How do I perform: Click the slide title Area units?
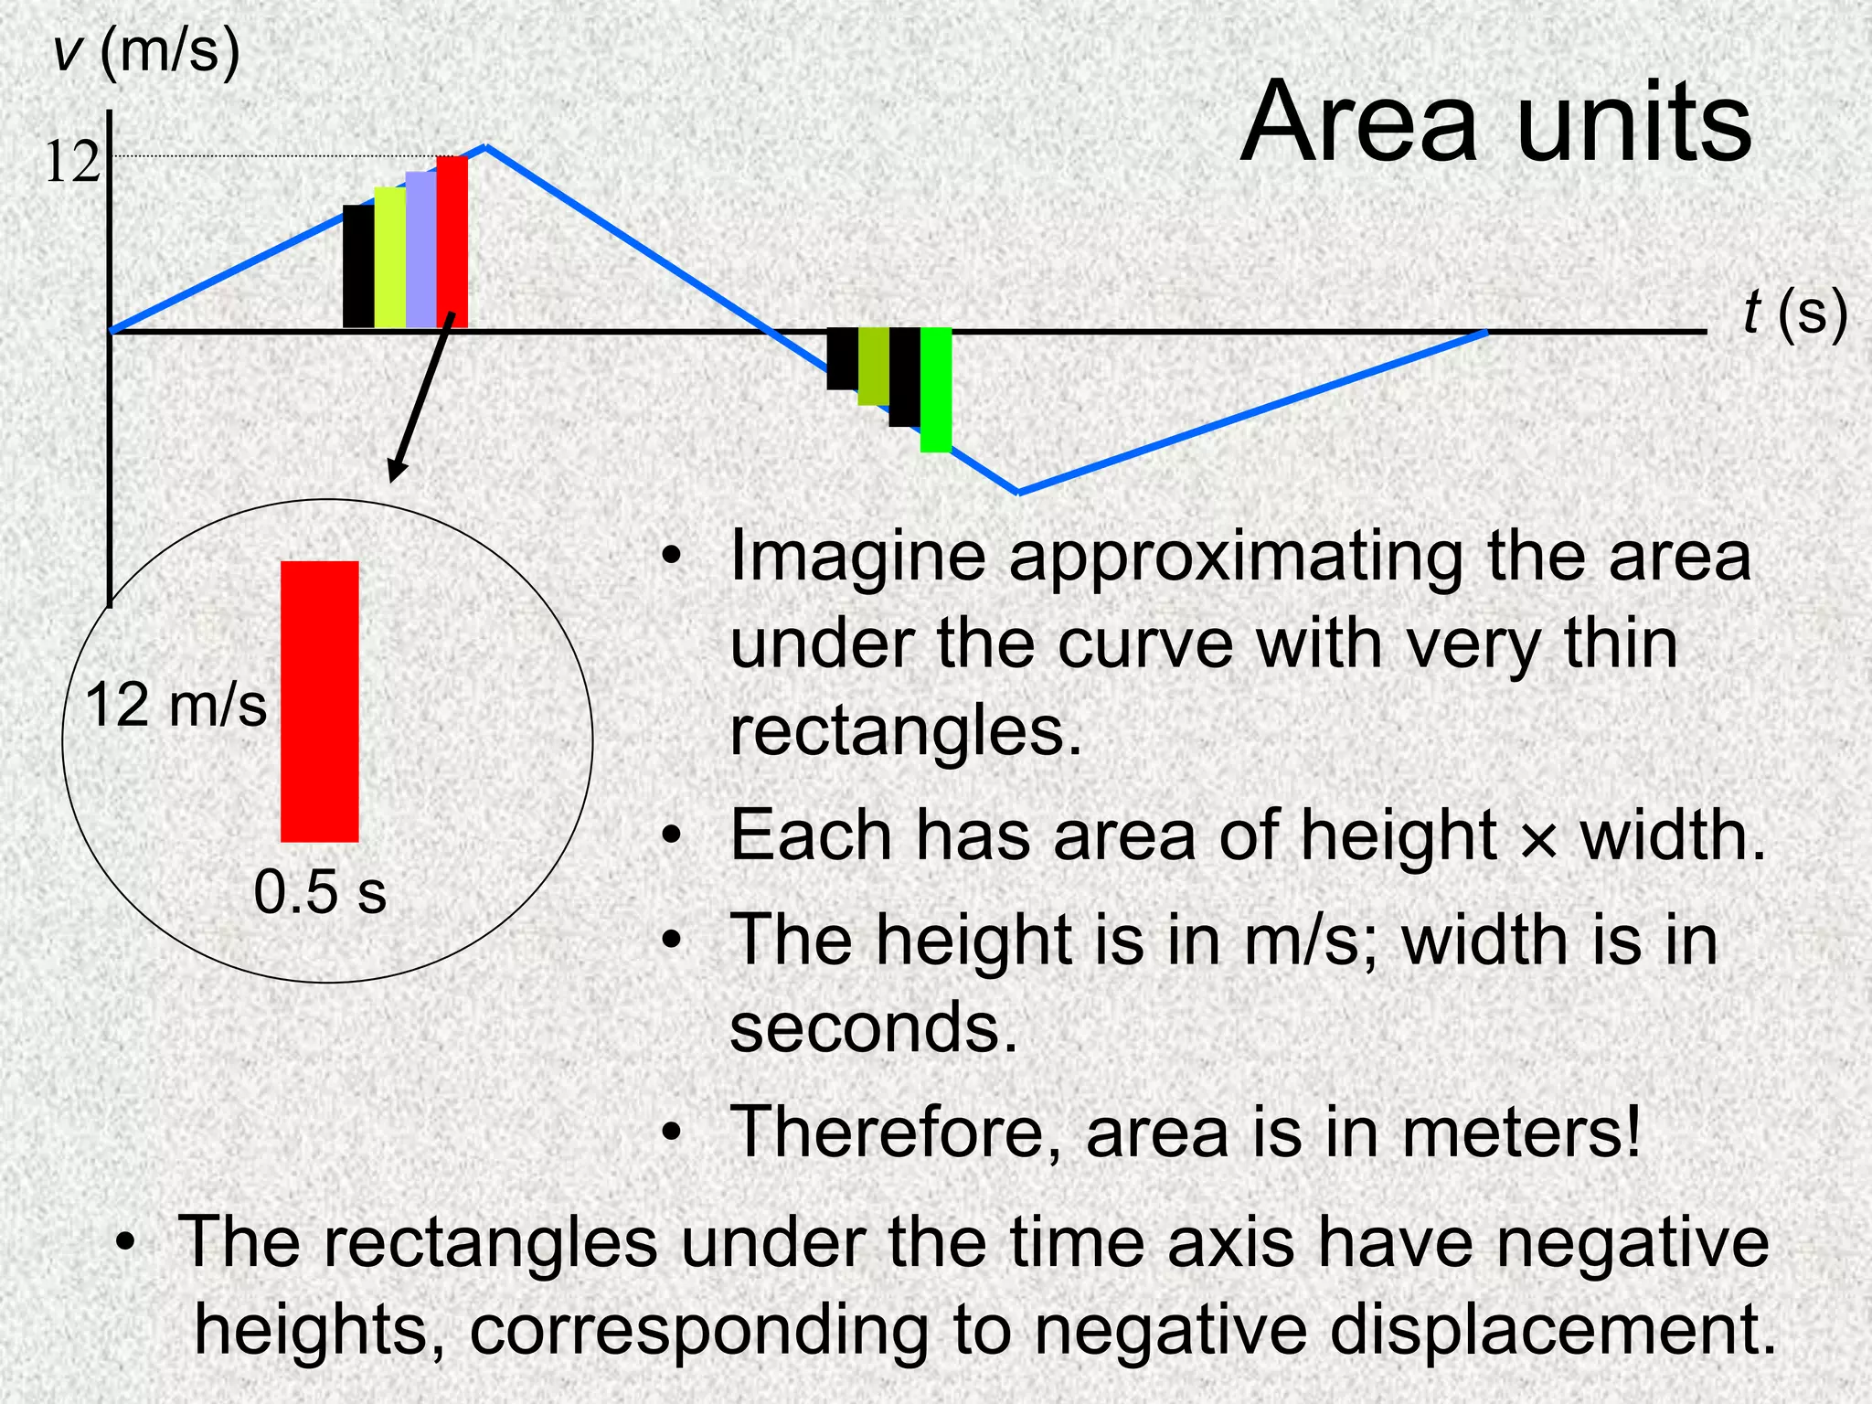[1495, 122]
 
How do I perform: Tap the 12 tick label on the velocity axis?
[71, 163]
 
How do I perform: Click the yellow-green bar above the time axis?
[389, 258]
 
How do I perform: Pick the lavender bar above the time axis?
[420, 250]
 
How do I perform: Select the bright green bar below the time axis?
[935, 389]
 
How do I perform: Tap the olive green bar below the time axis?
[873, 366]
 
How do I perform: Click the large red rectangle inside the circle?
[319, 701]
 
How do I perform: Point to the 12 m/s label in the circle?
[175, 706]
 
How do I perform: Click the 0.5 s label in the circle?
[320, 892]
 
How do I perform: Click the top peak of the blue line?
[485, 145]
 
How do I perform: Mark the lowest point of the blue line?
[1019, 493]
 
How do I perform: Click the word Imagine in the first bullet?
[857, 558]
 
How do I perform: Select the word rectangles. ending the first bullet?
[906, 731]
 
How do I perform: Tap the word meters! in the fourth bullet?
[1522, 1132]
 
